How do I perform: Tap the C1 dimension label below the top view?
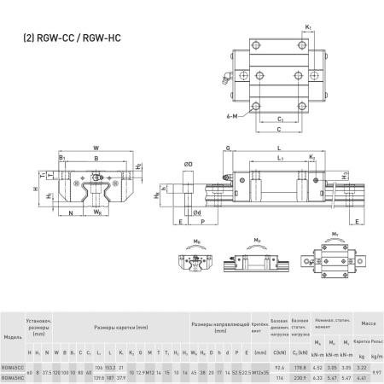click(281, 120)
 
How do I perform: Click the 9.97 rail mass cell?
click(378, 371)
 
